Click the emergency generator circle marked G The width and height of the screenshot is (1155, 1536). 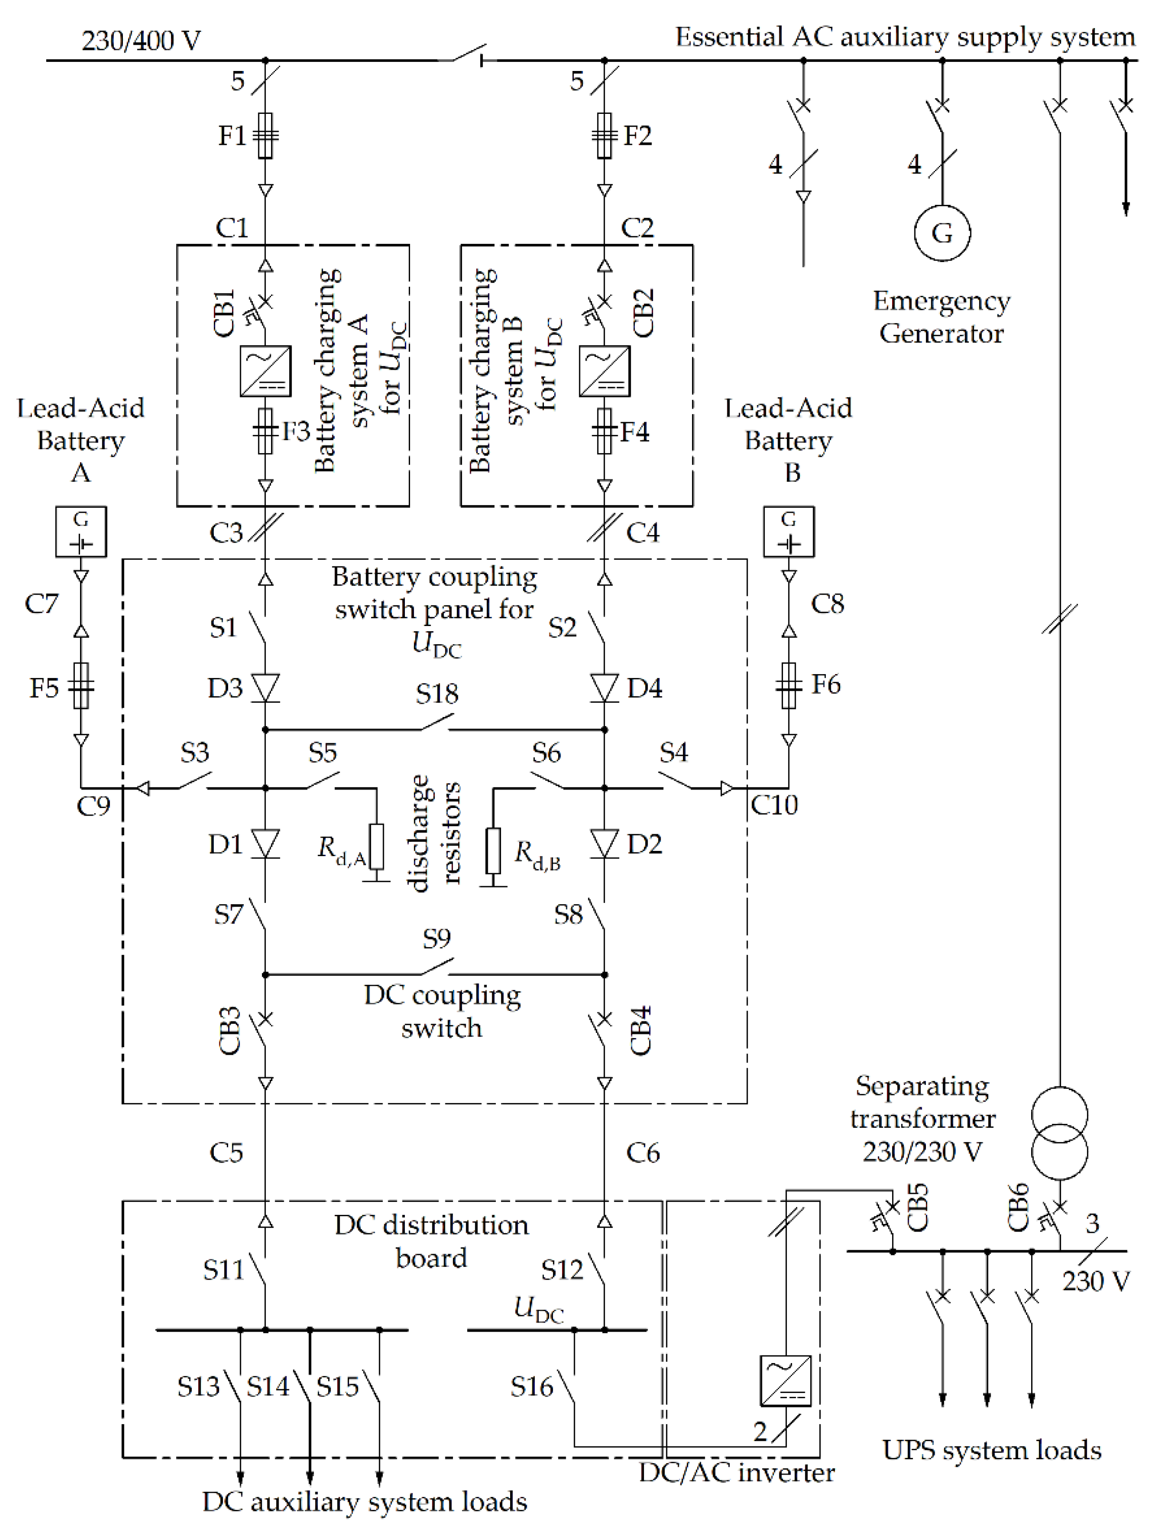[941, 232]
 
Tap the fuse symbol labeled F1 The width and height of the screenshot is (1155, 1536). [265, 135]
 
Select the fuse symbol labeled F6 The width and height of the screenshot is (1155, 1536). [789, 686]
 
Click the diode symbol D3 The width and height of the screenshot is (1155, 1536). [265, 687]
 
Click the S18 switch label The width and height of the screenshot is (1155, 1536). [437, 694]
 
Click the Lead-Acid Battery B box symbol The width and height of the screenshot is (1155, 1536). [789, 531]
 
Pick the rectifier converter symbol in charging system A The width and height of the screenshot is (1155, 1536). [265, 371]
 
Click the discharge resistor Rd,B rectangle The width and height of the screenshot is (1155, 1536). [493, 850]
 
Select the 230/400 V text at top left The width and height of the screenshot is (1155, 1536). [141, 40]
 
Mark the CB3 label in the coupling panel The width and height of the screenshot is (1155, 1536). [229, 1031]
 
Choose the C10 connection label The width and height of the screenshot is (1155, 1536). [774, 805]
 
